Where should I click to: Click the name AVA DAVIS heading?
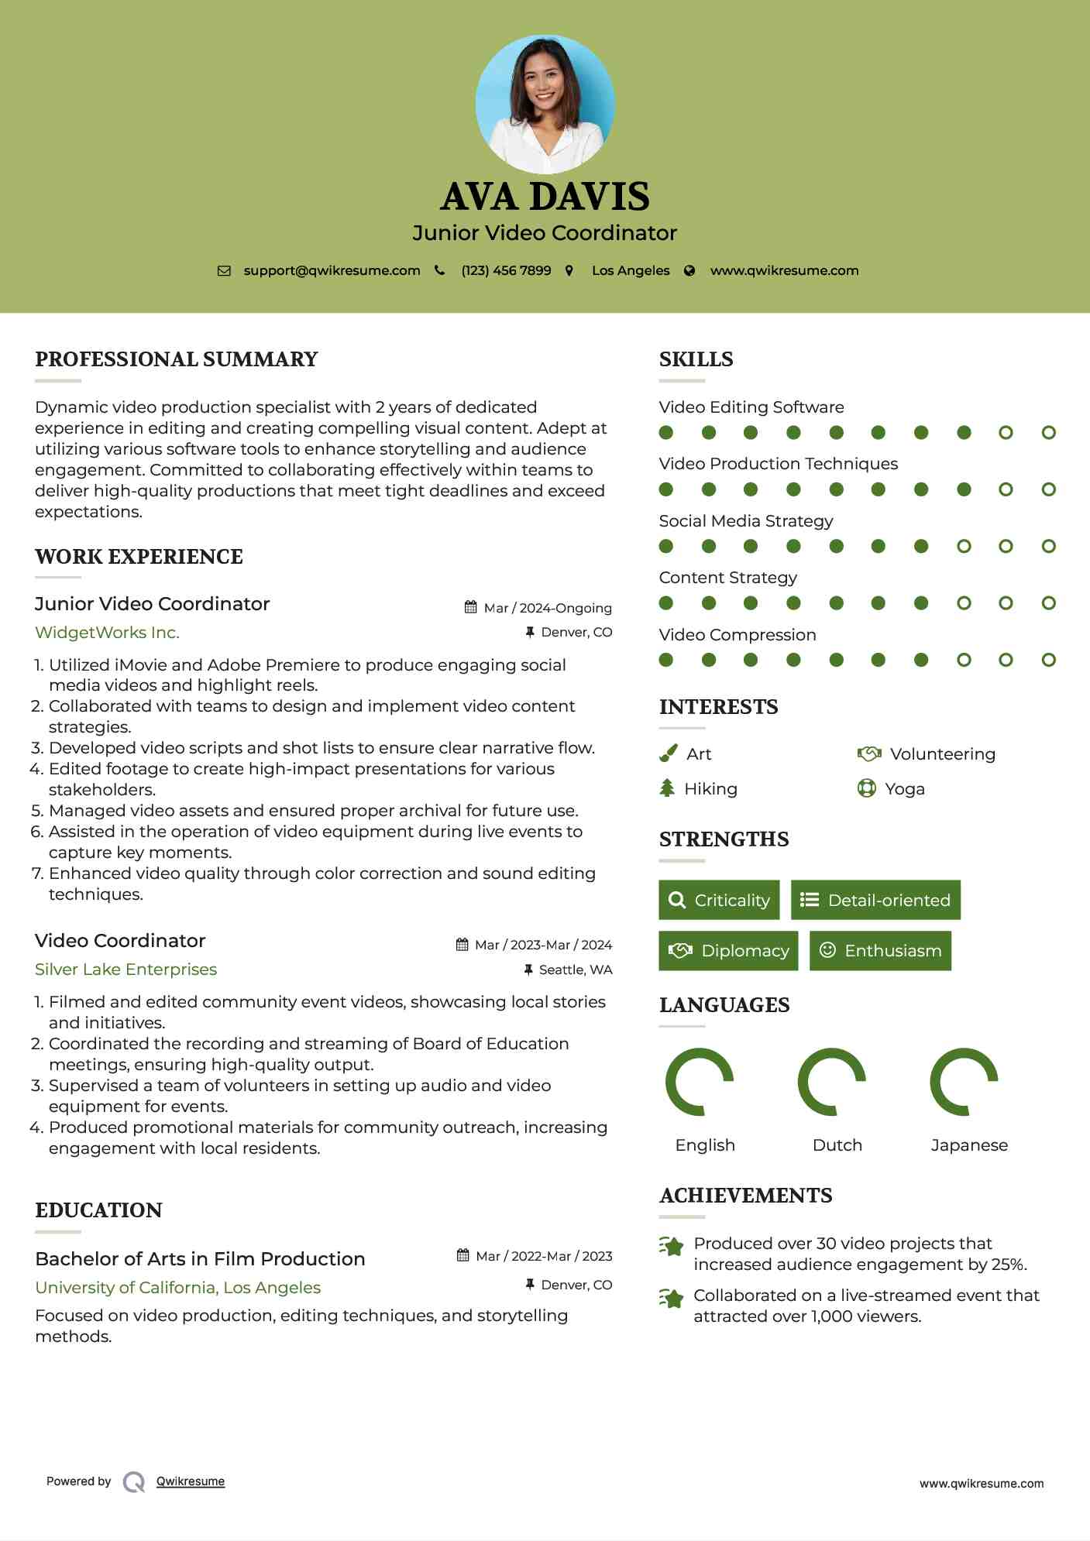(545, 197)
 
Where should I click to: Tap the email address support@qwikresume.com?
(332, 270)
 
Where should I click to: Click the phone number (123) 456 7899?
(506, 270)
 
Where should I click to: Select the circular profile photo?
(545, 104)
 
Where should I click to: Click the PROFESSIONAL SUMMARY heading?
(177, 359)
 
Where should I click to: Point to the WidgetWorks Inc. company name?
(107, 633)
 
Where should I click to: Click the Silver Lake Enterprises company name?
(126, 970)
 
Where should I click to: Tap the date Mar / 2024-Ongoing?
(547, 608)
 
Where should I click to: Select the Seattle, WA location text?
(575, 970)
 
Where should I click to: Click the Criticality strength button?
(719, 900)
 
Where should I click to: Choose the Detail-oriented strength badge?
(875, 900)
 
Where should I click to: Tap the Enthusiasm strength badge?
(880, 950)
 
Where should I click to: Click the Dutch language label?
(837, 1145)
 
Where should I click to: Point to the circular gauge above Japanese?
(964, 1082)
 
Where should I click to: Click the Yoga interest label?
(904, 788)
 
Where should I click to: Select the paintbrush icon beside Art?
(668, 753)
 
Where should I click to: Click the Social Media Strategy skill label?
(745, 520)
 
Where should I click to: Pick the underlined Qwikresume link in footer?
(191, 1481)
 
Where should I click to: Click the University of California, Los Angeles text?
(177, 1287)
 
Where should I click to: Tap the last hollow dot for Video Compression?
(1048, 660)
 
